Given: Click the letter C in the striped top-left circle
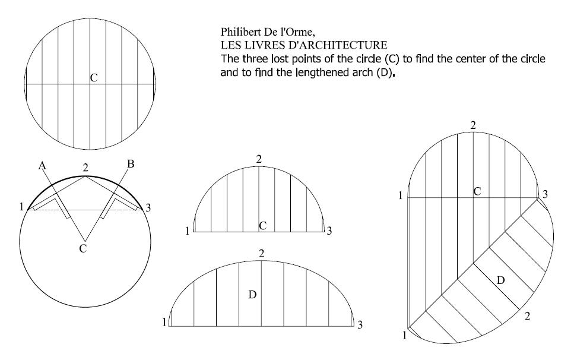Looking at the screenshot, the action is (x=94, y=78).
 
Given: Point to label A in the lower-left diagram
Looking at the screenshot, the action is (x=42, y=166).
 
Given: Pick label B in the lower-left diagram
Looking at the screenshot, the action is (x=131, y=164).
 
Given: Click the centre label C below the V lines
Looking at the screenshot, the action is (x=83, y=248).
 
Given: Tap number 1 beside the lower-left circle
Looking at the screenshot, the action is (x=21, y=207).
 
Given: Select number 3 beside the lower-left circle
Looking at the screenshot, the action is (x=148, y=208).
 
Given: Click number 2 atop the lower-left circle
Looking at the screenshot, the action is (x=85, y=168).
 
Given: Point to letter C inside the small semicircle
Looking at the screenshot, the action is (x=262, y=226).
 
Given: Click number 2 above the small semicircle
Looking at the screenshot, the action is (x=259, y=159).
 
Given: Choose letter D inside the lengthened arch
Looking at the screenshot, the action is (x=252, y=295).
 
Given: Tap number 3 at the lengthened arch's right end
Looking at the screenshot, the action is (x=360, y=324).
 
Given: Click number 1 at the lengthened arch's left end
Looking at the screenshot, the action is (x=164, y=322).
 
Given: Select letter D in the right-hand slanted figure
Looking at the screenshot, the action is (x=501, y=280).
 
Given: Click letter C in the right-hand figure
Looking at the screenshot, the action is (x=477, y=191).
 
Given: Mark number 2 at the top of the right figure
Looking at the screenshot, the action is (x=473, y=125).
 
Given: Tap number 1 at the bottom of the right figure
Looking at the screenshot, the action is (x=404, y=335).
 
